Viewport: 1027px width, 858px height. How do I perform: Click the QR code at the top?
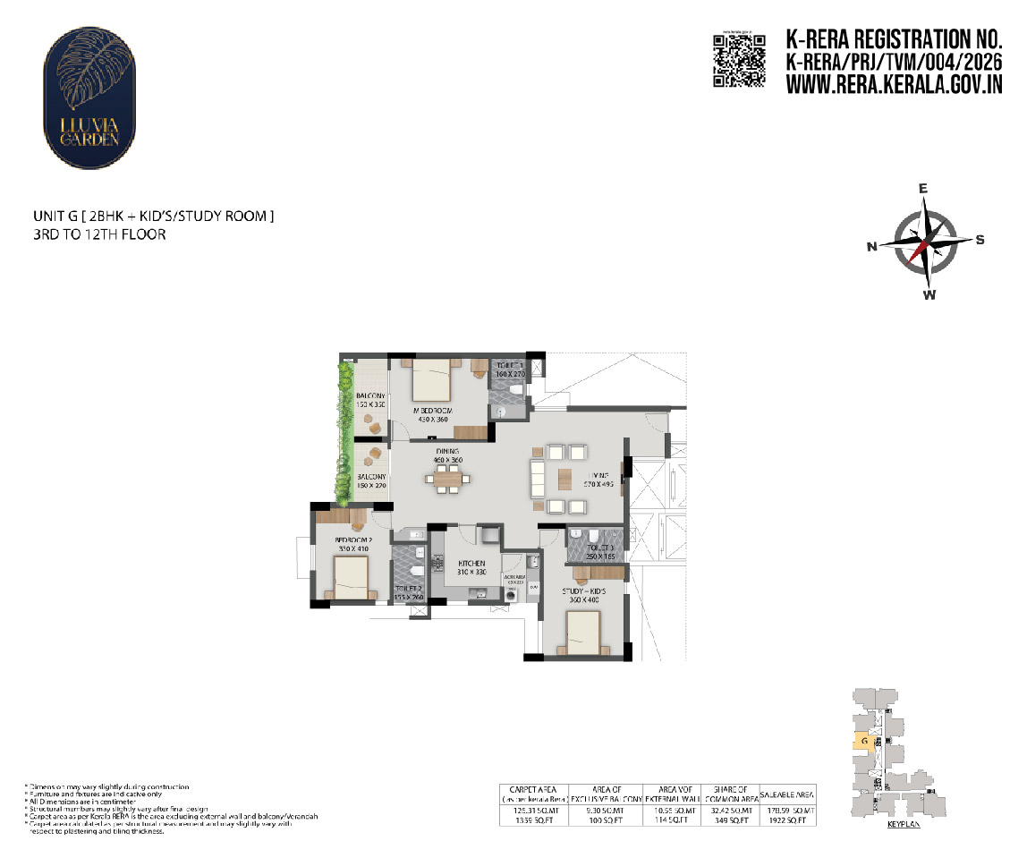tap(739, 60)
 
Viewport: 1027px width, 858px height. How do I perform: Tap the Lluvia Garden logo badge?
tap(90, 98)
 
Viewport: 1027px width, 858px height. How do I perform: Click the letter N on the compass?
tap(871, 248)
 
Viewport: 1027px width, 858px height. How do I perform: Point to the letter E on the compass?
tap(923, 189)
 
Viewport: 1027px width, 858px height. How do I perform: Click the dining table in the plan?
tap(448, 480)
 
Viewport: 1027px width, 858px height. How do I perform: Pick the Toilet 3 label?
tap(600, 552)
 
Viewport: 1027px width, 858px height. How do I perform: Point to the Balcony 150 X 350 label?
tap(370, 400)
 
